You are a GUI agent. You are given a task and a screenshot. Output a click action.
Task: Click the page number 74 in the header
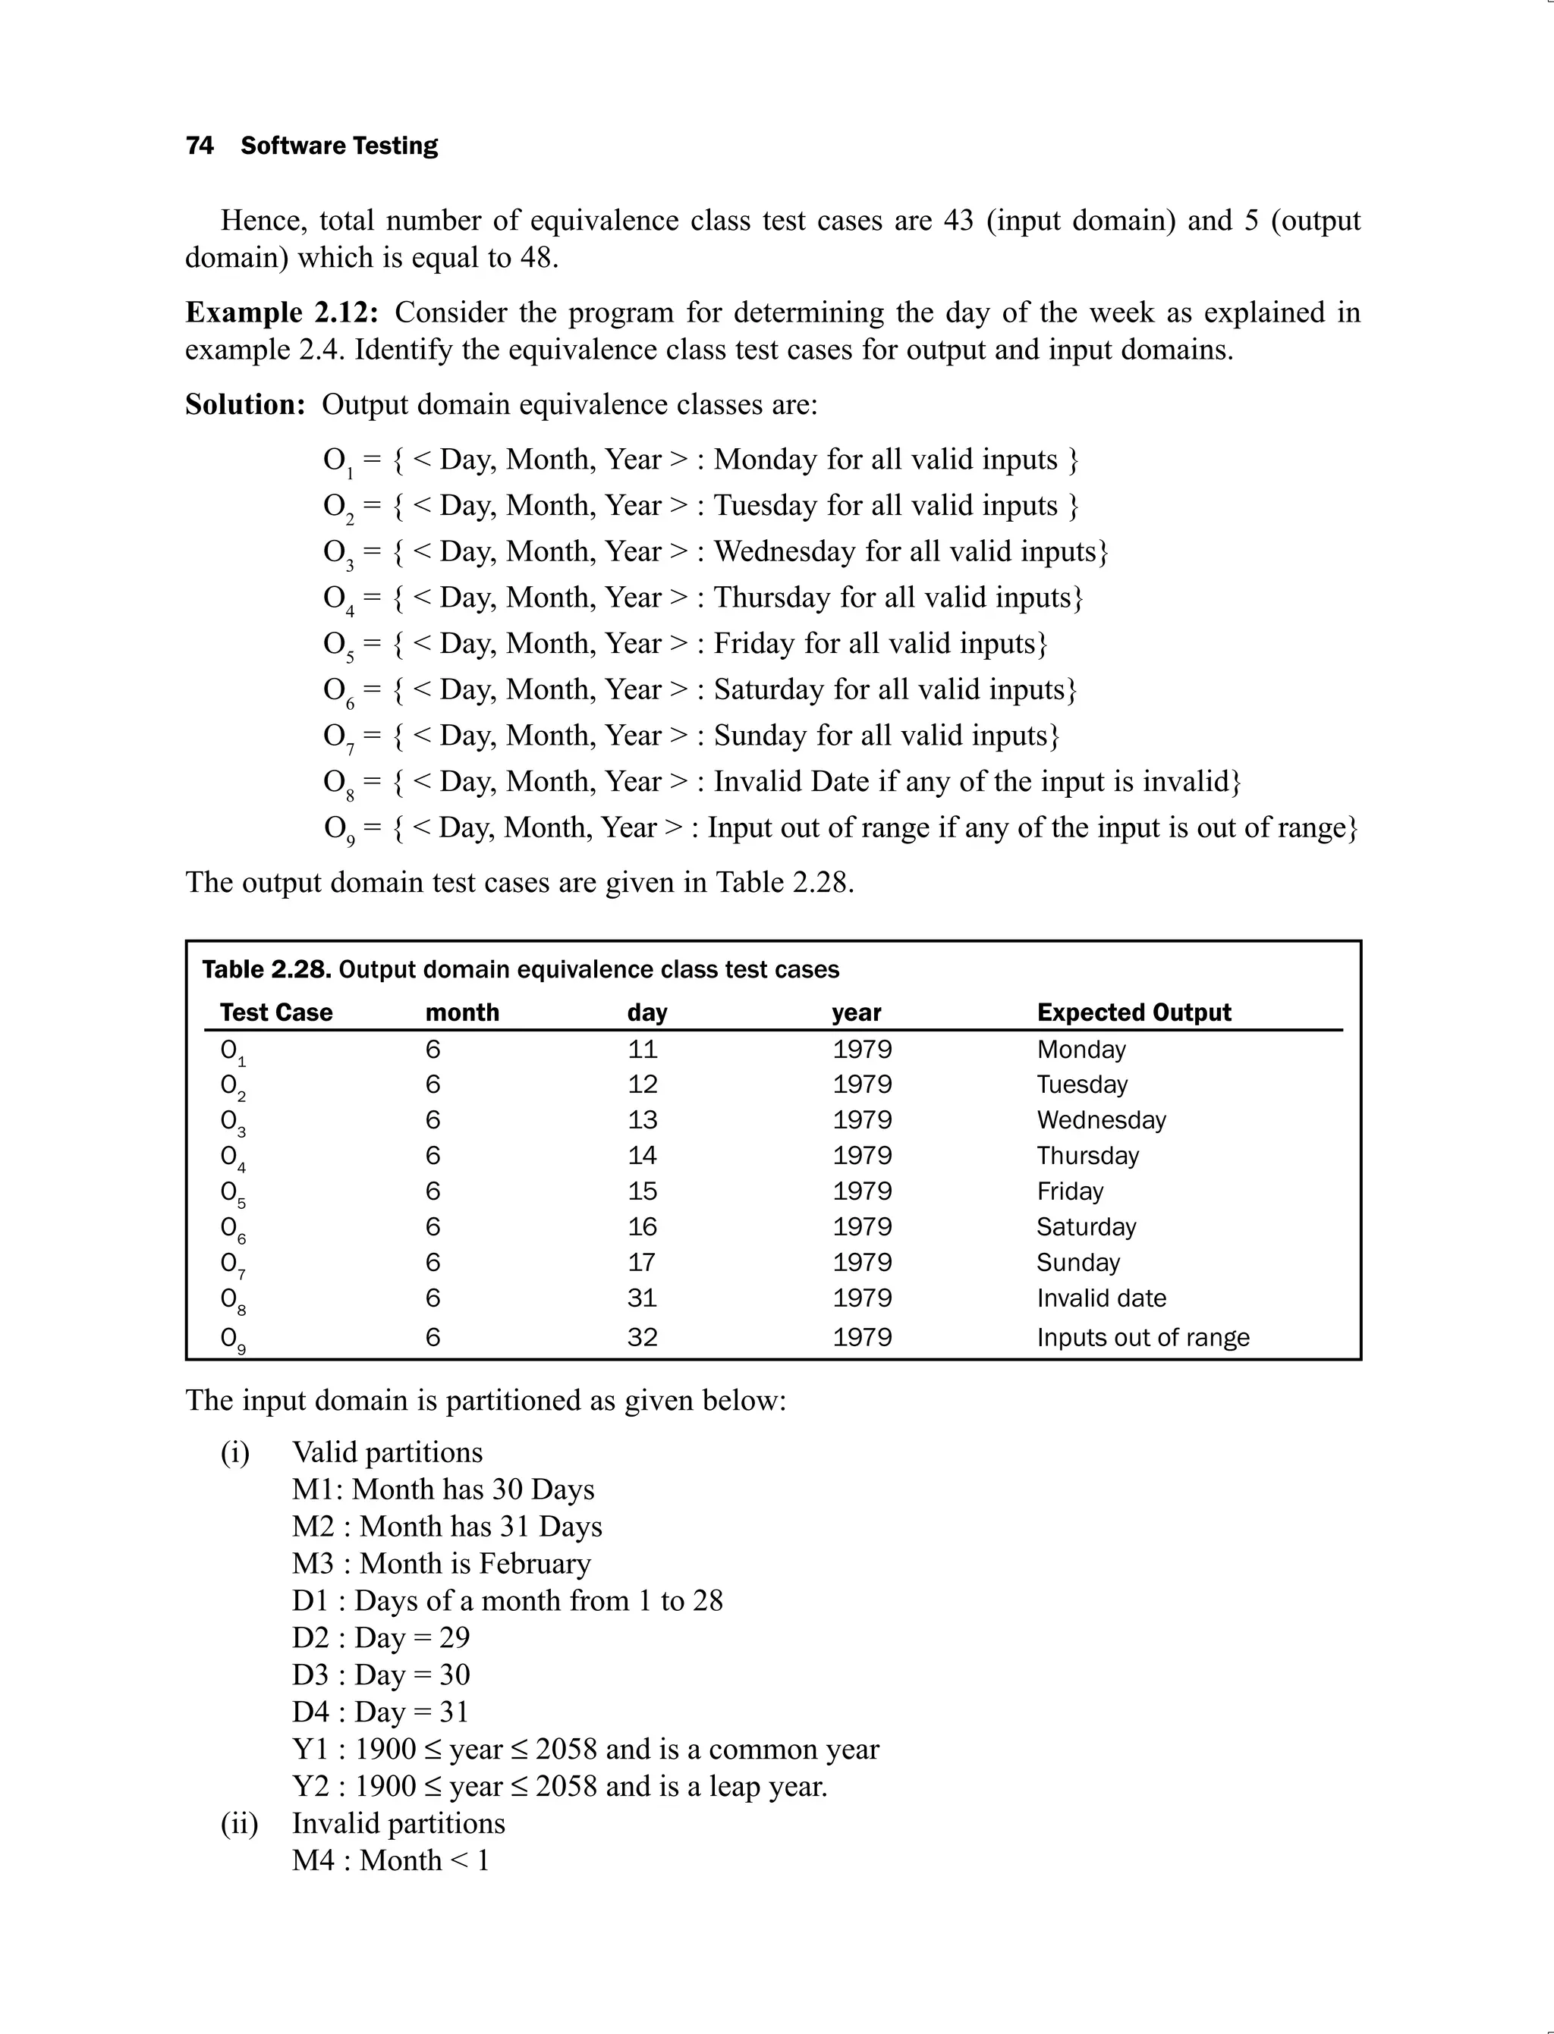coord(199,146)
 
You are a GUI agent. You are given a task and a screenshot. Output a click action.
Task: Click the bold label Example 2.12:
coord(282,312)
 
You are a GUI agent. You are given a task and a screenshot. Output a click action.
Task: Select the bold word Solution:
coord(245,405)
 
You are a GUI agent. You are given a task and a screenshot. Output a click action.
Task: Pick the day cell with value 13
coord(642,1121)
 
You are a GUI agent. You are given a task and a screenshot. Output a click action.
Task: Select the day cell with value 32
coord(642,1338)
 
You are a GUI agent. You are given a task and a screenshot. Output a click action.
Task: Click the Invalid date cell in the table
coord(1101,1299)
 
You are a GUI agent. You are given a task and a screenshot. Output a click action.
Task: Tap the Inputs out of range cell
coord(1143,1338)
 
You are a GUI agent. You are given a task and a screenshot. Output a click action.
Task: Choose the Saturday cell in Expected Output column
coord(1086,1228)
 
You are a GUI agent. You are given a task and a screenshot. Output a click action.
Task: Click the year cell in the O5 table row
coord(861,1191)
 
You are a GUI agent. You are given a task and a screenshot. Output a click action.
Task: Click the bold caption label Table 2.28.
coord(266,970)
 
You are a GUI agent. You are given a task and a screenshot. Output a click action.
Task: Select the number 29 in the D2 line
coord(455,1637)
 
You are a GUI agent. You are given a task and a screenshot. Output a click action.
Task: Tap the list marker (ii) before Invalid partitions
coord(239,1823)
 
